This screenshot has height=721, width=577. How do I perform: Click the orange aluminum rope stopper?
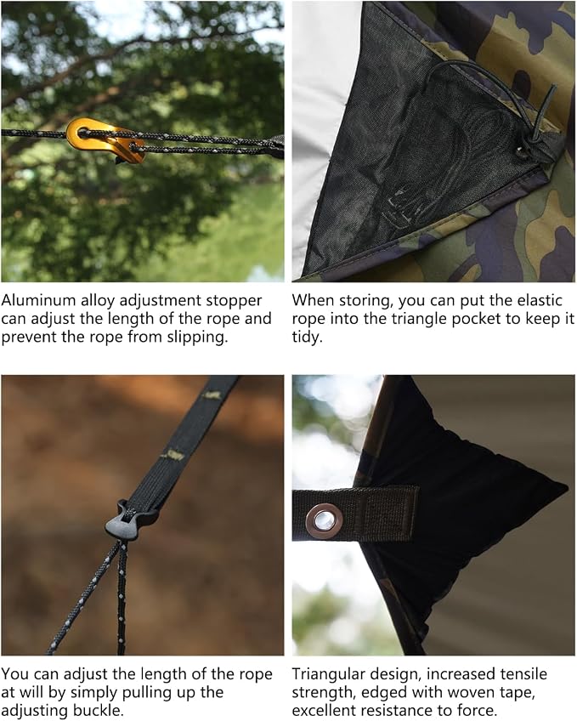tap(105, 139)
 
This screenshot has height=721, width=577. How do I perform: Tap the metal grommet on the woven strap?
tap(324, 519)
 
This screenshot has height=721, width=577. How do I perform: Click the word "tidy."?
tap(308, 338)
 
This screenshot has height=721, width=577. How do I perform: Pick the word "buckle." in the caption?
tap(98, 711)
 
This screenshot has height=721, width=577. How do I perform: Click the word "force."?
tap(478, 711)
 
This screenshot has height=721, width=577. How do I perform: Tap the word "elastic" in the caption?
tap(540, 300)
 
